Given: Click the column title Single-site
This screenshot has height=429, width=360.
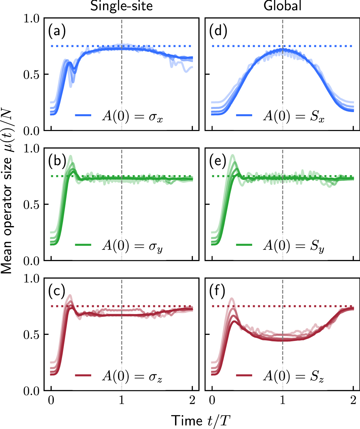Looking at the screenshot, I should (121, 6).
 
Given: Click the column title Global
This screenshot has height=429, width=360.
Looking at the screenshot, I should (283, 6).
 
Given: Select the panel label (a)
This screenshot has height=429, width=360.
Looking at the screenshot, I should (57, 31).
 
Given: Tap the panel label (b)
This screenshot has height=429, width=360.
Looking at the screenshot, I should (57, 161).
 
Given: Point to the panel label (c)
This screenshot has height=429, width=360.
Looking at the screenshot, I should (57, 291).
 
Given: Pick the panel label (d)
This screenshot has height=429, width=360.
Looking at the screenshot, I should (218, 31).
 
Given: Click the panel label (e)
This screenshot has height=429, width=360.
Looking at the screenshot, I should (218, 161).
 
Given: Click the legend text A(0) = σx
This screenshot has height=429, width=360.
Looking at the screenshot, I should (132, 116).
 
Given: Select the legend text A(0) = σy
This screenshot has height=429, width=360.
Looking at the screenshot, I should (132, 246).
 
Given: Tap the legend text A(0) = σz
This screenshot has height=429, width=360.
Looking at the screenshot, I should (132, 376).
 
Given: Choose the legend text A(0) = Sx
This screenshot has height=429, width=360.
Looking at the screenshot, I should (293, 116).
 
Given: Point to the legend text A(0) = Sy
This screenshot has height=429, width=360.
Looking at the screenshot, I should (293, 246).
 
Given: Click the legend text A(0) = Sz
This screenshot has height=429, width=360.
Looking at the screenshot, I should (293, 376).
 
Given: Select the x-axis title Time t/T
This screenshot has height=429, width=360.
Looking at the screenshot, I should (201, 421).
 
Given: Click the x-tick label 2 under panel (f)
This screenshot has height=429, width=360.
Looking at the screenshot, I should (353, 400).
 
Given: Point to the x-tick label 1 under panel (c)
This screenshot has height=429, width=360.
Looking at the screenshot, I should (122, 400).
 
